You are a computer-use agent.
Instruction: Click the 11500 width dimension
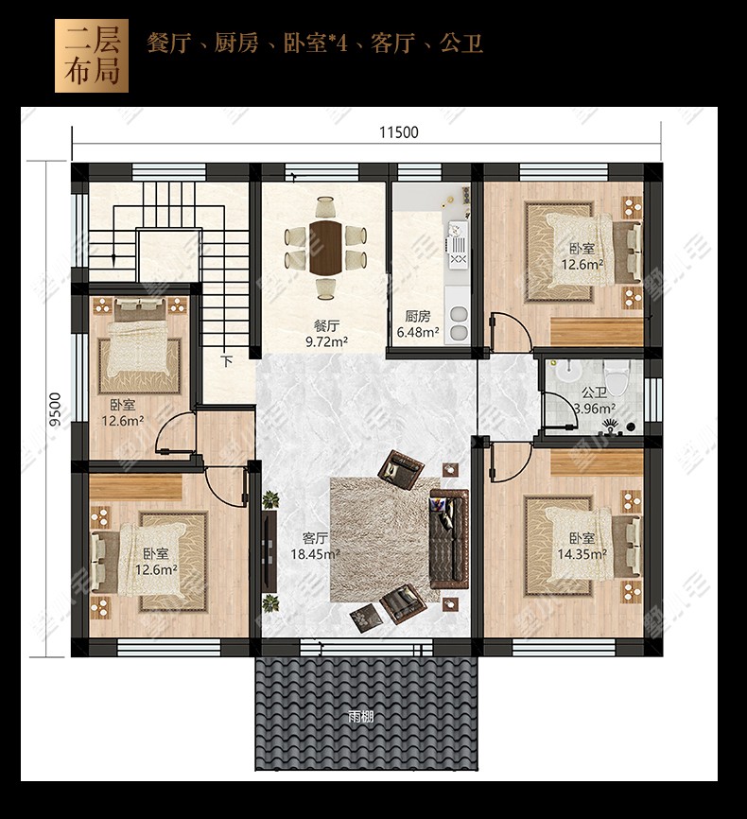pos(399,132)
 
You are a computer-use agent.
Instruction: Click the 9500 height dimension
pos(55,409)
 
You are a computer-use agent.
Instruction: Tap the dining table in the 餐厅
pos(325,247)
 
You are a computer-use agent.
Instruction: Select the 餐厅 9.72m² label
pos(326,334)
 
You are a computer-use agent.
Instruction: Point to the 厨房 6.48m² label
pos(417,323)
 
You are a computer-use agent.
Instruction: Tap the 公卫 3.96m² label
pos(595,400)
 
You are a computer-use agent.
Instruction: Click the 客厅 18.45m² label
pos(315,546)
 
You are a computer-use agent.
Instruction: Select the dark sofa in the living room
pos(449,538)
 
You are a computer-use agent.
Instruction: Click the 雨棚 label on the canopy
pos(360,717)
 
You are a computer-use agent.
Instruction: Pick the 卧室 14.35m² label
pos(582,546)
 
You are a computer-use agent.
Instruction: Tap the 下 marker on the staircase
pos(226,361)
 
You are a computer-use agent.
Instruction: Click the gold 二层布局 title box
pos(92,56)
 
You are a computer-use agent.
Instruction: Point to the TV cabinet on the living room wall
pos(269,551)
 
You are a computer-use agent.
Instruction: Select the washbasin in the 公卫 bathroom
pos(568,371)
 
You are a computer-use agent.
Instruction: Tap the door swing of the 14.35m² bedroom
pos(511,462)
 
